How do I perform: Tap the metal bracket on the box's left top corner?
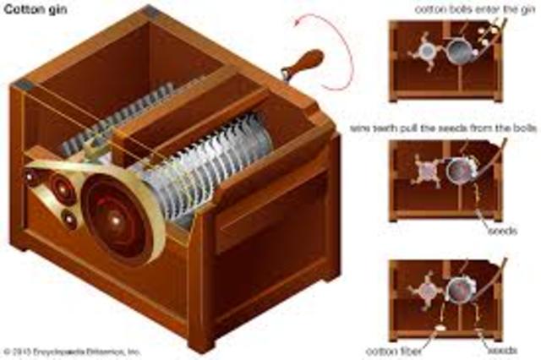coord(23,82)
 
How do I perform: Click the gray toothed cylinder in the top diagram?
coord(461,51)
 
